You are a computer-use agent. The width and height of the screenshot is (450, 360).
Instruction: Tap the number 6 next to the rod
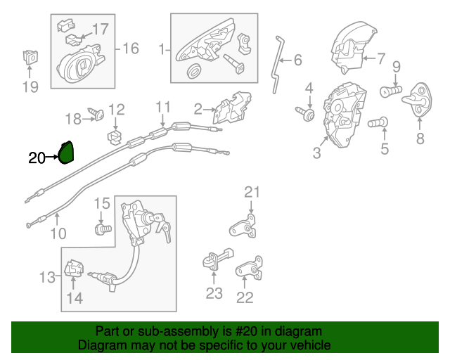[x=297, y=60]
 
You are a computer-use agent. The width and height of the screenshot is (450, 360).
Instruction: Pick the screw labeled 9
[x=390, y=90]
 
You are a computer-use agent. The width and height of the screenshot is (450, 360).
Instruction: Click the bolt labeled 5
[x=378, y=122]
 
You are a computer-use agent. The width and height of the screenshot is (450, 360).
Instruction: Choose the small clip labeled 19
[x=30, y=55]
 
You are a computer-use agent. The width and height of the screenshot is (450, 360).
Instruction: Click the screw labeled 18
[x=96, y=112]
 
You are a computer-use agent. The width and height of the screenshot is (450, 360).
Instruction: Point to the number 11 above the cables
[x=163, y=108]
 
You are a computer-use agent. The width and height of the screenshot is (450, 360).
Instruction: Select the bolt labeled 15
[x=104, y=229]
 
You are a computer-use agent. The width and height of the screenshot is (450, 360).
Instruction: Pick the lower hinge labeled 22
[x=248, y=270]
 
